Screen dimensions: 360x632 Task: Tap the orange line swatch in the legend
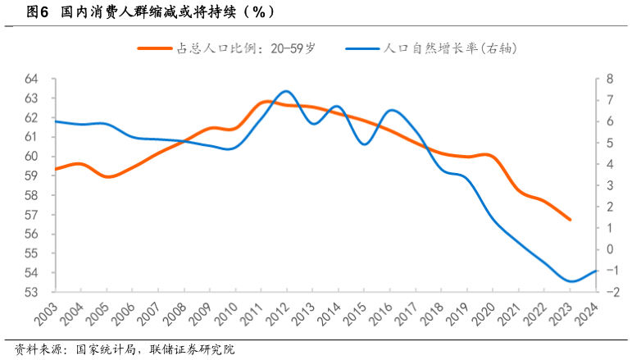tap(155, 48)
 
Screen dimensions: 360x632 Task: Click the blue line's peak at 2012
tap(285, 91)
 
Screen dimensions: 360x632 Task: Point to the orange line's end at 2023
tap(570, 220)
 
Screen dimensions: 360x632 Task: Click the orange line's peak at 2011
tap(264, 102)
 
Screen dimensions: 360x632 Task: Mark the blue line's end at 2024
tap(596, 271)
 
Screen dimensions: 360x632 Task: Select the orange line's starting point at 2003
tap(56, 169)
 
